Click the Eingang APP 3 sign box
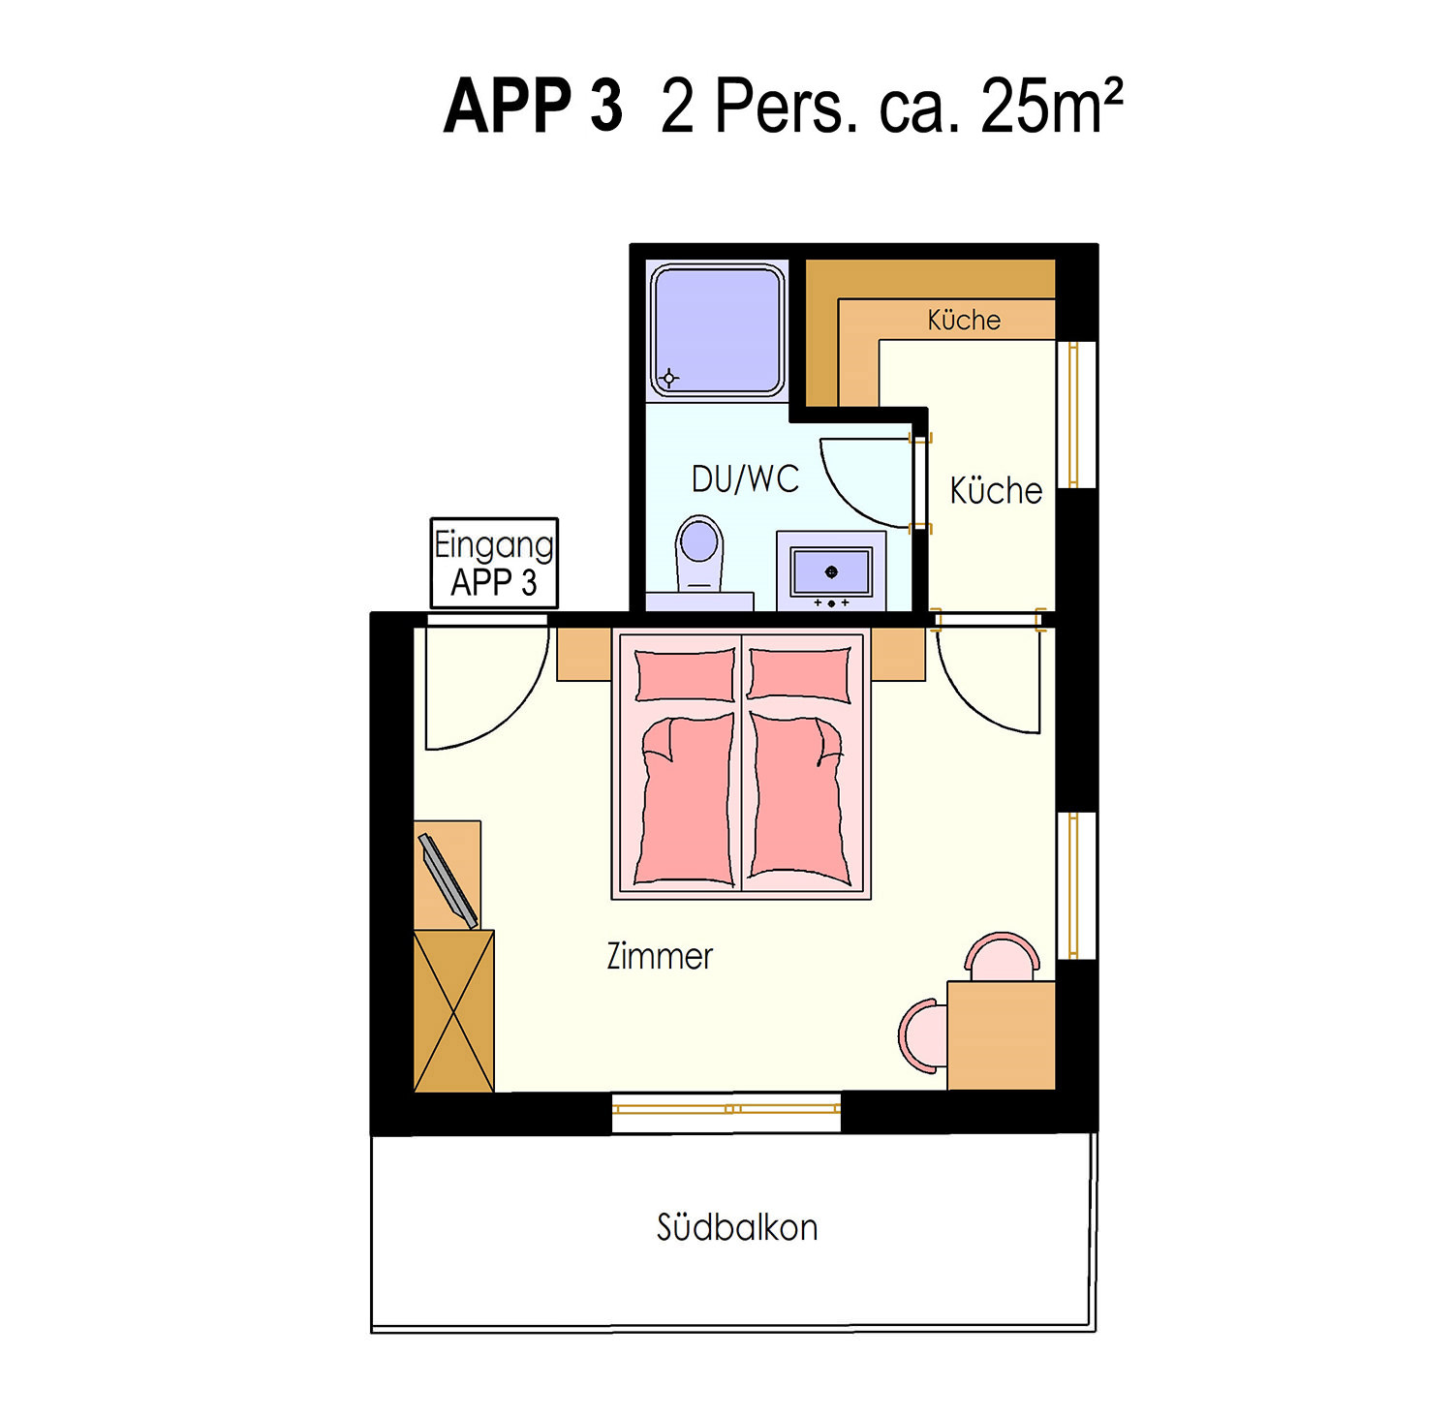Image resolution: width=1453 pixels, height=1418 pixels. click(494, 563)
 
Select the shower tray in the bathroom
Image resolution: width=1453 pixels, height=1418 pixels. click(717, 330)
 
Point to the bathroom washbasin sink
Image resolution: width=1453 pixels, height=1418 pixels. click(831, 571)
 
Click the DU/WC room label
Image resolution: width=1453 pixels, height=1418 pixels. click(745, 478)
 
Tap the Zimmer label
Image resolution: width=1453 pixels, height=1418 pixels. click(660, 956)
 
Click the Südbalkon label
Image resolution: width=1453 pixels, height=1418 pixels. click(737, 1227)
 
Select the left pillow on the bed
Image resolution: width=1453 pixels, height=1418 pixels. click(685, 674)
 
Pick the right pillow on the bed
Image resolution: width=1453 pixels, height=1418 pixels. click(800, 674)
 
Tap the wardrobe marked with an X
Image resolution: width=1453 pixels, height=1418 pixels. click(454, 1011)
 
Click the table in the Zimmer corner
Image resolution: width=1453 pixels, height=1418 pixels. click(1001, 1034)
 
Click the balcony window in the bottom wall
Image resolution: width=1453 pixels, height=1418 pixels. click(726, 1109)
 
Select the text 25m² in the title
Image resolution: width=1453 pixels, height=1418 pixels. click(1052, 105)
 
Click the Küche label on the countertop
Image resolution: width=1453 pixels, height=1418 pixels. click(964, 320)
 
